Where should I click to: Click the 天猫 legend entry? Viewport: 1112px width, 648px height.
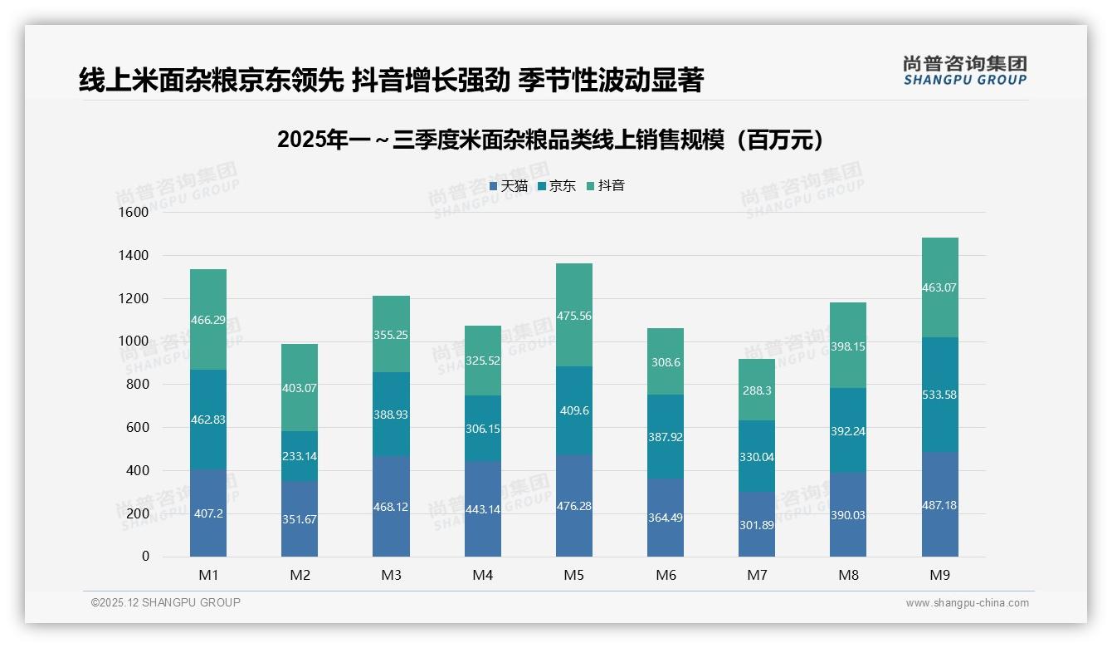509,186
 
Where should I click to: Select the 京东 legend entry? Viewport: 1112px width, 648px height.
557,186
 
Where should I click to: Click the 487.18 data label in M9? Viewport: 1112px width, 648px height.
939,505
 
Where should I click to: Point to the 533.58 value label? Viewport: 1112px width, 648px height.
939,395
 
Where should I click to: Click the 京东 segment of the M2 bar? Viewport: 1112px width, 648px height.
300,456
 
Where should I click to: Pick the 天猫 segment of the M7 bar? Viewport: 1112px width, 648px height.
757,524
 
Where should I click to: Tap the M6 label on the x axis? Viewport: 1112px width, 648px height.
666,575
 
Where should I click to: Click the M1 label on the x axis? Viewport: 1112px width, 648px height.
208,575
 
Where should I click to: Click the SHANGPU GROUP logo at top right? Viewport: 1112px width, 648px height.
964,71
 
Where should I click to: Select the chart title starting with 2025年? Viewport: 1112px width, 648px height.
551,140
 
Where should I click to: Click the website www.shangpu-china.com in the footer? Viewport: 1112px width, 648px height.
967,603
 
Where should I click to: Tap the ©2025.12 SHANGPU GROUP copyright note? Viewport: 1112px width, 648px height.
166,603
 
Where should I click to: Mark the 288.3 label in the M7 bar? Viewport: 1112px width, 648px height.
757,390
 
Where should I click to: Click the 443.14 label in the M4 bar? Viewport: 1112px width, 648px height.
482,509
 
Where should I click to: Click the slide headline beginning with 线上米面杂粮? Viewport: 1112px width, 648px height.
391,80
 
